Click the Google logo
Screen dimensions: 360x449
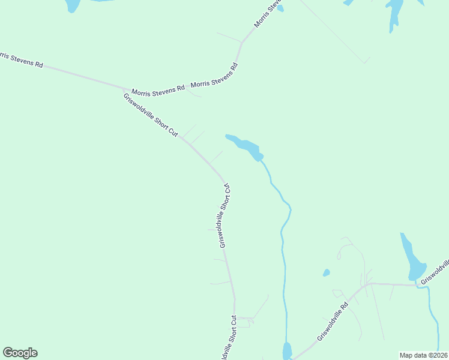(20, 353)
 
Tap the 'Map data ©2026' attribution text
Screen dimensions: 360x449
(423, 355)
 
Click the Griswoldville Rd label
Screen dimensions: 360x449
(333, 322)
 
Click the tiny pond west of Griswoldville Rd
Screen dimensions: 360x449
(326, 273)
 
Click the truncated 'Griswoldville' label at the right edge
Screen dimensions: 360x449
(435, 271)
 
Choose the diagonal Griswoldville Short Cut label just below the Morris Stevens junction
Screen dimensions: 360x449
(151, 116)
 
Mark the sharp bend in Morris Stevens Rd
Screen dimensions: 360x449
(241, 43)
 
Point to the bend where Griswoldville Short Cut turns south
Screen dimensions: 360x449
(224, 181)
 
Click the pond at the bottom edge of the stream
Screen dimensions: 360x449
(287, 351)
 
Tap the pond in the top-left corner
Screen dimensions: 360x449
(72, 5)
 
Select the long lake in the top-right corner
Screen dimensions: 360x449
(395, 13)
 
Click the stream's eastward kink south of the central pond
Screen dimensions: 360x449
(289, 208)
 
